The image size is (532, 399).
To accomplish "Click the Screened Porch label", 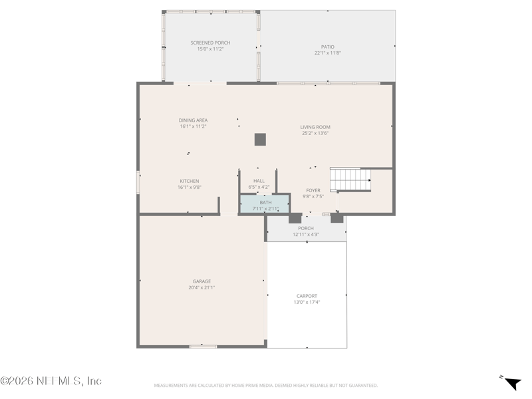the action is [210, 43].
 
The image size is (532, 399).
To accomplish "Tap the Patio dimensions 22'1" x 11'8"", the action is [328, 53].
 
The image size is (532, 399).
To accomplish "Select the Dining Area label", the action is [193, 120].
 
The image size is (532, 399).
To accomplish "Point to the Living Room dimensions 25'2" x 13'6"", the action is [315, 133].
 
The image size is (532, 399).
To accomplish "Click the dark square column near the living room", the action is [260, 140].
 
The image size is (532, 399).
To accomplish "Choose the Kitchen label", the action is [190, 181].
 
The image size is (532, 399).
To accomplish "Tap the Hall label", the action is [259, 181].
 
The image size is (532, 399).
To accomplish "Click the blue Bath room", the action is [265, 203].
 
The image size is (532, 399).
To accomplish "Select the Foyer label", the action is [313, 190].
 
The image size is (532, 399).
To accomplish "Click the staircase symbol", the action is [350, 179].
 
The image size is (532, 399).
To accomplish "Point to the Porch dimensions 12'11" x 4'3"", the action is [306, 235].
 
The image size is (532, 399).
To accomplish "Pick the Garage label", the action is [202, 281].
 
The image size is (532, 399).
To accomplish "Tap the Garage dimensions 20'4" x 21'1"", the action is [202, 288].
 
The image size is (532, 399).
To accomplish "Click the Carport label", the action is [307, 296].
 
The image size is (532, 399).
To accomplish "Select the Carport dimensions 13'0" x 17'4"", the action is [307, 303].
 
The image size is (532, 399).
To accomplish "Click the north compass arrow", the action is [513, 383].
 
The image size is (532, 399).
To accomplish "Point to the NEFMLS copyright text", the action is [51, 381].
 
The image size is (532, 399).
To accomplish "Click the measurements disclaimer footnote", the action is [265, 386].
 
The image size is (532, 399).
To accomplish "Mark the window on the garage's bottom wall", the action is [203, 346].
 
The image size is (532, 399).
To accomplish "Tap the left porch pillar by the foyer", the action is [295, 218].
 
